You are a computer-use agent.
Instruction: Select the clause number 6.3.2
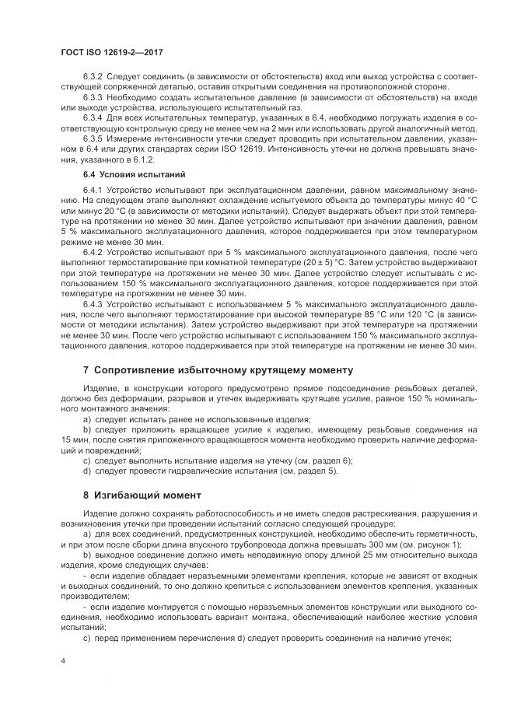tap(93, 77)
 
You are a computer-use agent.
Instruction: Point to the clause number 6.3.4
tap(93, 117)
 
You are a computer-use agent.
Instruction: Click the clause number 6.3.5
tap(93, 137)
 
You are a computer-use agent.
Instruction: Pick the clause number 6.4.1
tap(93, 190)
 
